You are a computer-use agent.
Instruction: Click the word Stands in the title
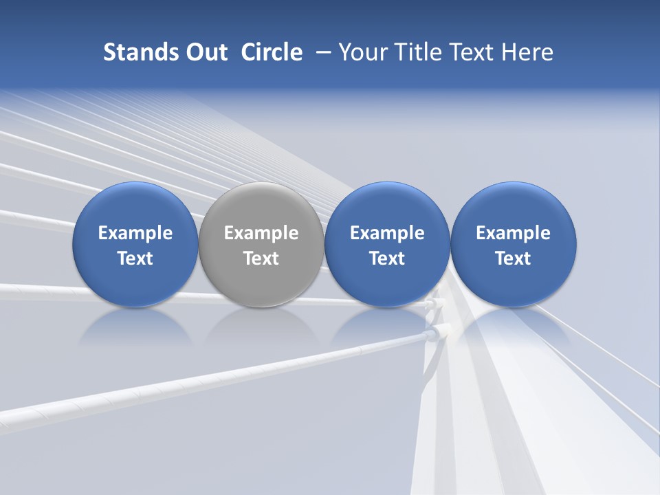point(131,52)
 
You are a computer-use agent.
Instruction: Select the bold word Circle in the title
point(272,52)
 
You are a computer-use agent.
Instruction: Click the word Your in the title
point(359,52)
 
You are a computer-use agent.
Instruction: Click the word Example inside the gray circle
point(261,233)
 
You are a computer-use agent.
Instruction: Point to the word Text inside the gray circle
point(261,258)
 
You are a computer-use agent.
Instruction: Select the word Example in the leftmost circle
point(135,233)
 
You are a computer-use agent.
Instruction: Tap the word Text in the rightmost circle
point(513,258)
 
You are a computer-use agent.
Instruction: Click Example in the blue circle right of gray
point(387,233)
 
